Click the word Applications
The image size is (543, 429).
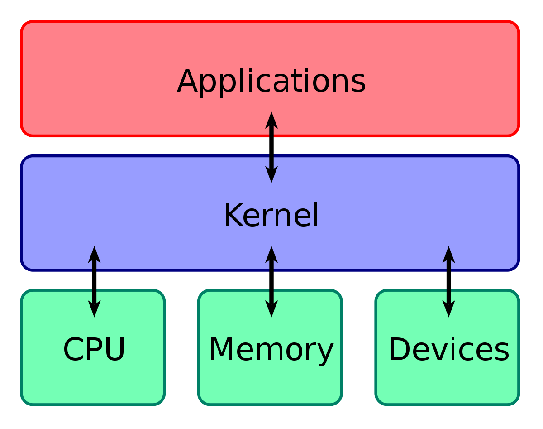[x=271, y=82]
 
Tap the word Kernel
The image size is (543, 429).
[x=271, y=216]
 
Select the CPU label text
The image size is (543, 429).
[x=94, y=350]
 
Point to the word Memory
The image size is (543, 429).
[x=271, y=350]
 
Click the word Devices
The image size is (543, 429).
[x=448, y=350]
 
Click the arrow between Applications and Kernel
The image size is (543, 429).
[x=271, y=147]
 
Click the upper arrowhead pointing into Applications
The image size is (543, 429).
[x=271, y=120]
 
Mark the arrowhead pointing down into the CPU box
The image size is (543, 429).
[x=94, y=309]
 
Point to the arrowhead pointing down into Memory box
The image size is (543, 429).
[x=271, y=309]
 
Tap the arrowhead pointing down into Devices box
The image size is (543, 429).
[x=448, y=309]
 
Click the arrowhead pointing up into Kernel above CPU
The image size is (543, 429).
[x=94, y=254]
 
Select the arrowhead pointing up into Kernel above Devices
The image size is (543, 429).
[x=448, y=254]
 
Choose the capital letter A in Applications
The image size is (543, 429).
[x=189, y=82]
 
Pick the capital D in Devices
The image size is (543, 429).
[x=399, y=350]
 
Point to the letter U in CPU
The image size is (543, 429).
[x=114, y=350]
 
